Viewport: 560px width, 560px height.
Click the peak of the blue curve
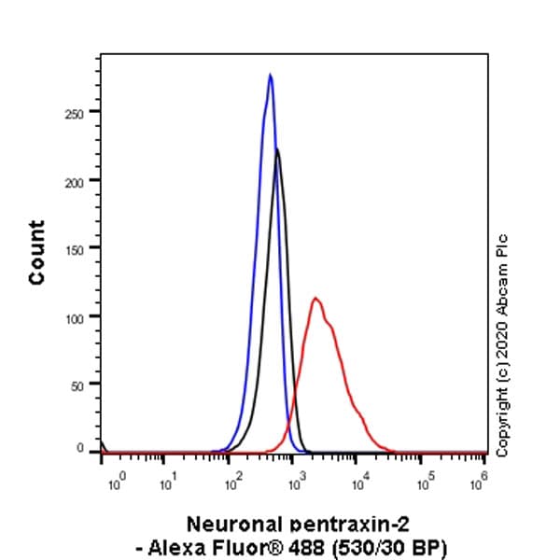tap(270, 75)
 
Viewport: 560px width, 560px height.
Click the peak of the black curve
tap(276, 149)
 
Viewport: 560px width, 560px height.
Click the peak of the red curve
tap(316, 299)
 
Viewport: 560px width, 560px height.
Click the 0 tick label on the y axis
tap(85, 449)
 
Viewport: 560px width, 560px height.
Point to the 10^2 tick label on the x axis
tap(231, 483)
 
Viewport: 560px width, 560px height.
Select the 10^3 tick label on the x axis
tap(295, 483)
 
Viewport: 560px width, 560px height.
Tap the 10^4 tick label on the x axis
tap(358, 483)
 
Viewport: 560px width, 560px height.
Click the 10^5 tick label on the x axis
tap(422, 483)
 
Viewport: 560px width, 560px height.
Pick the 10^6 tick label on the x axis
tap(481, 483)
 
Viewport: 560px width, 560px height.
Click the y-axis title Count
tap(36, 253)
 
